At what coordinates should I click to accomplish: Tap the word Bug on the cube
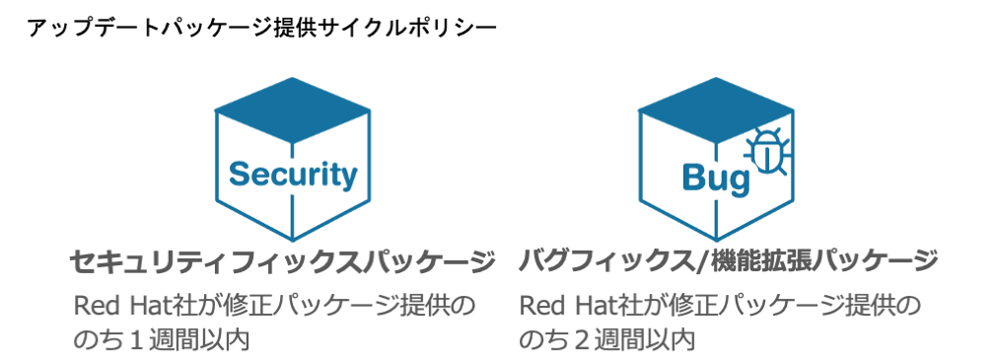[x=716, y=179]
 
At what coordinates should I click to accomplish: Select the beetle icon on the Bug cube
[x=766, y=151]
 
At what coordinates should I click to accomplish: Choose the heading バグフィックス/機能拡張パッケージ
[x=728, y=262]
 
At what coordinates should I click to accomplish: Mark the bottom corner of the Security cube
[x=293, y=241]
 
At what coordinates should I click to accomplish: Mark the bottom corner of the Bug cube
[x=717, y=241]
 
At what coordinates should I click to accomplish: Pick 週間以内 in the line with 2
[x=644, y=340]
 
